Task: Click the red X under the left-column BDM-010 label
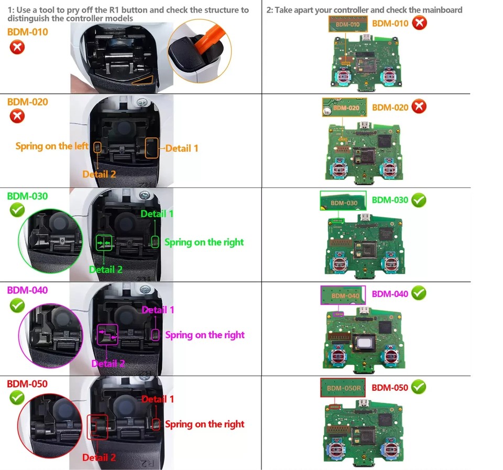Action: click(x=17, y=48)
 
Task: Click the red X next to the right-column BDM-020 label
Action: click(x=419, y=106)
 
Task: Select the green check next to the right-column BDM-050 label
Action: click(x=418, y=387)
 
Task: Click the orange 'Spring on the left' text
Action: click(x=52, y=146)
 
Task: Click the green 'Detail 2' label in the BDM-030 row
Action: click(x=105, y=269)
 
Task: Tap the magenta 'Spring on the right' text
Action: click(x=205, y=335)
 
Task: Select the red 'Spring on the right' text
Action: click(x=205, y=424)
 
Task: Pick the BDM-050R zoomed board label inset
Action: click(x=343, y=388)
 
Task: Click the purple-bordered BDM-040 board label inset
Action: click(x=342, y=295)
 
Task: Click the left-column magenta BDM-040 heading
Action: click(x=27, y=290)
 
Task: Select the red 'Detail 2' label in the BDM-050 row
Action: click(x=99, y=457)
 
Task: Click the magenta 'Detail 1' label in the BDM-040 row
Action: click(x=158, y=310)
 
